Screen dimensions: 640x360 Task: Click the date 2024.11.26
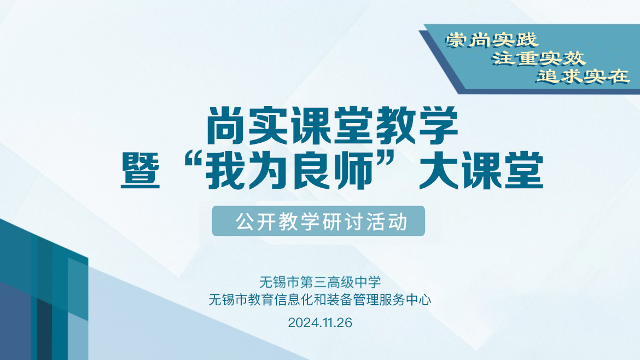320,323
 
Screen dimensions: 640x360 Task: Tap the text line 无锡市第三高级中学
320,282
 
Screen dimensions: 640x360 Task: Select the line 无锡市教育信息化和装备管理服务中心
320,300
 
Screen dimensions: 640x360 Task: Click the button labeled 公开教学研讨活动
318,221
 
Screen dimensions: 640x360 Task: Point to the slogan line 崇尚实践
492,40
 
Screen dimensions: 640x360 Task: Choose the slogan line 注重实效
538,59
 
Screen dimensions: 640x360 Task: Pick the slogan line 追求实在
583,77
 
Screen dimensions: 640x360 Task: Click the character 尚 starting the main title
226,126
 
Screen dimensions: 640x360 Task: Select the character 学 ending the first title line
438,126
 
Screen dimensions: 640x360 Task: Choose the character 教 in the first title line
395,126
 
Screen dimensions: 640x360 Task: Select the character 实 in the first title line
269,126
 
